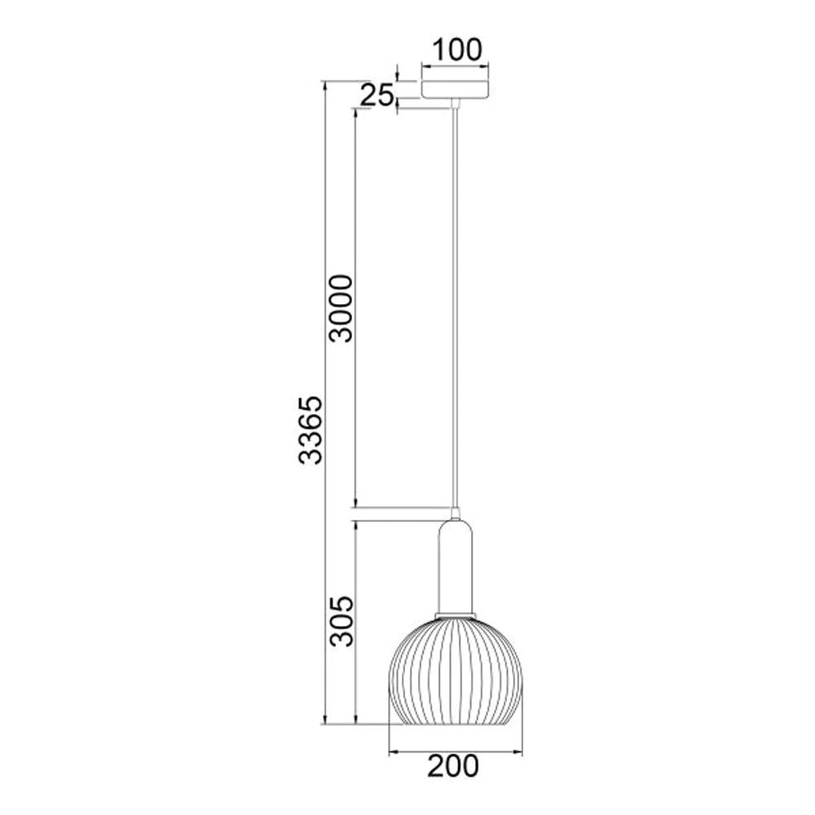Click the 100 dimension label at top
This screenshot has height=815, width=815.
tap(457, 50)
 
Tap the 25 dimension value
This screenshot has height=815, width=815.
tap(377, 95)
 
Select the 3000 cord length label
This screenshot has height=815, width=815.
tap(341, 308)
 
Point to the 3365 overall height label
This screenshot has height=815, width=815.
tap(311, 430)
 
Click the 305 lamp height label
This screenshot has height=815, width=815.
tap(341, 621)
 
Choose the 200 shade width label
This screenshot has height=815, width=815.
tap(453, 767)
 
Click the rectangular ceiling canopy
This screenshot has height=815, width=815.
tap(456, 90)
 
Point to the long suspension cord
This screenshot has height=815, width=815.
tap(456, 306)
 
